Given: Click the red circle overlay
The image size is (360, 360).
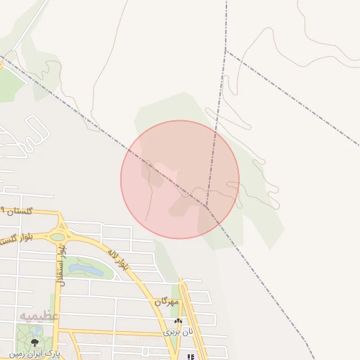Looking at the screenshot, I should point(180,179).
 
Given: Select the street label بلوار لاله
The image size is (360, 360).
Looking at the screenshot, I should point(118,259).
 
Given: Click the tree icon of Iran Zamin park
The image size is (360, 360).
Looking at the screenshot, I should point(34,342).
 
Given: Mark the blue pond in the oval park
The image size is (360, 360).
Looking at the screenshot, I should point(84,269).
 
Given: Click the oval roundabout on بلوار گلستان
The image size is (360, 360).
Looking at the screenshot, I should point(58,237).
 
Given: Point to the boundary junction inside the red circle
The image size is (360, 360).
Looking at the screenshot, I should point(206,205).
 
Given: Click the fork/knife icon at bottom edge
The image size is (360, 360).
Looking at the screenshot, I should point(190,356).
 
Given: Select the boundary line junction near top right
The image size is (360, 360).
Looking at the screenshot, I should point(226,50).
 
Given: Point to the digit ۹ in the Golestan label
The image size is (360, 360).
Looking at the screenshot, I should point(3,210).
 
